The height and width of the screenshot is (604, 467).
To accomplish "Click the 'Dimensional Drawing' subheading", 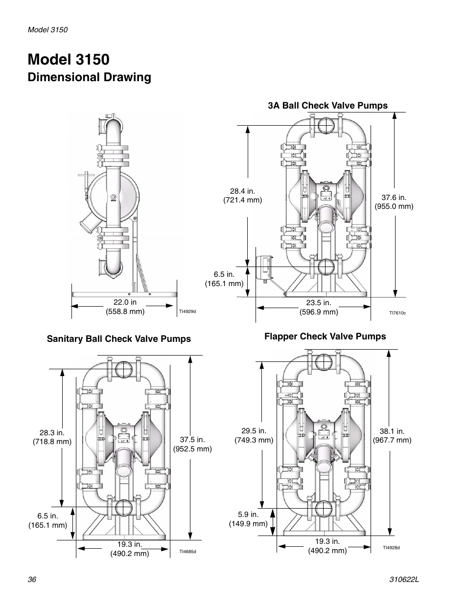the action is tap(89, 78).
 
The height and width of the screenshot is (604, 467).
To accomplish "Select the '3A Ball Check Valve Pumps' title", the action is tap(327, 106).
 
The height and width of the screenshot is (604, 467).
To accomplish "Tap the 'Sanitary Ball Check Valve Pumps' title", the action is tap(119, 339).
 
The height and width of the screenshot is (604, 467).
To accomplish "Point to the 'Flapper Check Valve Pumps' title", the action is tap(325, 336).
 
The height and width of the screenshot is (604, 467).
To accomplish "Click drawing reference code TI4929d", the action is tap(187, 312).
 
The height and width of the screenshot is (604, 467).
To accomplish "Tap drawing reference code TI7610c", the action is tap(397, 313).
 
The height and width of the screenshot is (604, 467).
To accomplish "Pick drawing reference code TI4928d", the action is tap(391, 548).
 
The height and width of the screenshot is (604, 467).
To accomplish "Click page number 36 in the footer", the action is tap(32, 579).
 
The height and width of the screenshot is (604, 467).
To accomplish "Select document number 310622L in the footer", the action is tap(404, 580).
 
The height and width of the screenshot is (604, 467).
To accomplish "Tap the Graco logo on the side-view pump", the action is tap(114, 197).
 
